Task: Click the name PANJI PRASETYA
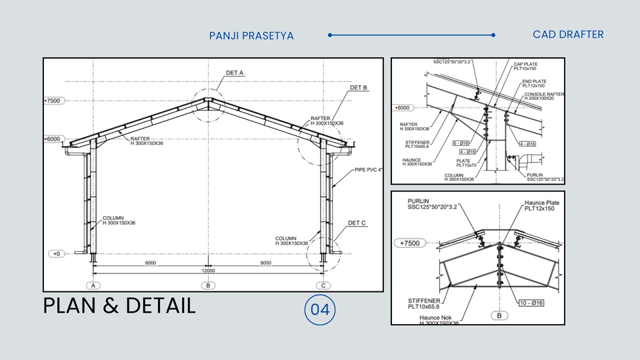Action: [251, 35]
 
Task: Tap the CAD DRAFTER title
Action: [568, 35]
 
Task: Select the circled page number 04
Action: [320, 310]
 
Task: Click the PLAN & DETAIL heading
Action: [119, 306]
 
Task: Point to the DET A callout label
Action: [235, 73]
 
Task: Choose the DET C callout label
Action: [357, 223]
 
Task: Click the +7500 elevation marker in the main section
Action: [52, 101]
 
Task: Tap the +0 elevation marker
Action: [56, 254]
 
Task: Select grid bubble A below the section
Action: [93, 285]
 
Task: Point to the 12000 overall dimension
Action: [208, 271]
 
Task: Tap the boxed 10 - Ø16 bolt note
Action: [531, 303]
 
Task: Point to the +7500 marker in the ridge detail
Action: [411, 243]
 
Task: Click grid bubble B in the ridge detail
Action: [499, 315]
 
